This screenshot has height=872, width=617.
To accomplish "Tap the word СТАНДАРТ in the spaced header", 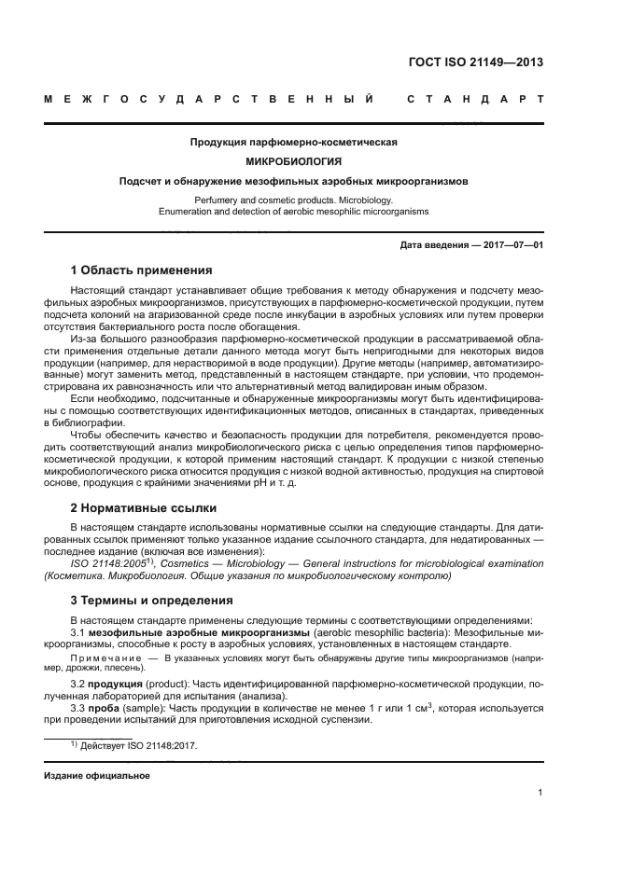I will [474, 99].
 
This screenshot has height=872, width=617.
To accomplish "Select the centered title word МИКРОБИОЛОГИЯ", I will [294, 161].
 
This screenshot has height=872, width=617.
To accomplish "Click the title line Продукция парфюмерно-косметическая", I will [294, 143].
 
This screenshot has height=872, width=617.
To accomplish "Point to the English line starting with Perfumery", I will [294, 200].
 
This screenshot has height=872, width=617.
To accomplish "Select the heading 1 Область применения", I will [142, 270].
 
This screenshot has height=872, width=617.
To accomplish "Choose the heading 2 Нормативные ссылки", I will [144, 508].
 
